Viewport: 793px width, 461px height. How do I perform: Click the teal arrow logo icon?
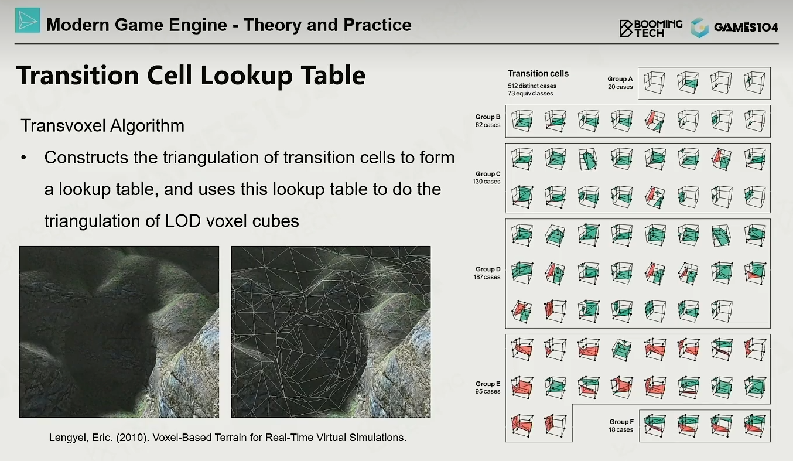[x=28, y=20]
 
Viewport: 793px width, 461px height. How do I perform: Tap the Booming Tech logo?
[x=651, y=28]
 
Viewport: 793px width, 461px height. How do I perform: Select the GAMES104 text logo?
[x=746, y=28]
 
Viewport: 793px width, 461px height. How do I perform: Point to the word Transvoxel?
[x=63, y=126]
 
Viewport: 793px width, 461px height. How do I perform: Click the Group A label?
[x=620, y=79]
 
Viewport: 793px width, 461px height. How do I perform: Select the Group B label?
[x=488, y=117]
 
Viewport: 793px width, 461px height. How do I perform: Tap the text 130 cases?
[x=487, y=182]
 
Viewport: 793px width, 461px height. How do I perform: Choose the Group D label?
[x=488, y=269]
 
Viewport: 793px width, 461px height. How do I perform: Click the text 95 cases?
[x=488, y=391]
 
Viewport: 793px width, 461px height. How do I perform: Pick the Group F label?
[x=621, y=422]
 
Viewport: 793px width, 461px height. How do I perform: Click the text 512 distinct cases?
[x=532, y=86]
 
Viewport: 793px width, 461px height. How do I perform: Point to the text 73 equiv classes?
[x=530, y=94]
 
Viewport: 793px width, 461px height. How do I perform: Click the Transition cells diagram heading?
[x=538, y=74]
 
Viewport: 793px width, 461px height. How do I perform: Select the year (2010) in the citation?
[x=132, y=438]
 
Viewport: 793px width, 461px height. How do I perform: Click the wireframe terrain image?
[x=331, y=332]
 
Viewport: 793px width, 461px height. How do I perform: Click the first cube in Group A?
[x=654, y=83]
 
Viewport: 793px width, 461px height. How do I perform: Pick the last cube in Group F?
[x=755, y=426]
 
